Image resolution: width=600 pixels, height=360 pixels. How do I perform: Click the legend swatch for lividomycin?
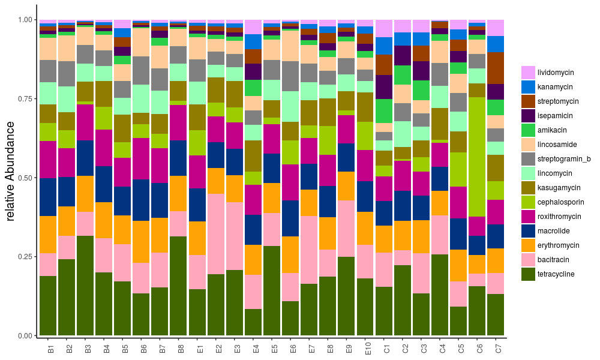coord(528,72)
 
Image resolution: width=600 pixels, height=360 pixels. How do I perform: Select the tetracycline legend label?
coord(556,274)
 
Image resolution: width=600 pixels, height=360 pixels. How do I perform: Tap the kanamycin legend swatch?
coord(528,86)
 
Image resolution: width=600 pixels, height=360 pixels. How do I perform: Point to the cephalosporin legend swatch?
coord(528,202)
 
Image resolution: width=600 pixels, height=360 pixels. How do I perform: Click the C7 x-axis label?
coord(497,348)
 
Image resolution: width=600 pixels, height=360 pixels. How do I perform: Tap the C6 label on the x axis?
coord(479,348)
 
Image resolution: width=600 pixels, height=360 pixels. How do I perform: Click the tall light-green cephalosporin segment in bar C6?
coord(477,156)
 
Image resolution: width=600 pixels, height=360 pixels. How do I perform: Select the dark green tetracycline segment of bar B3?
coord(85,285)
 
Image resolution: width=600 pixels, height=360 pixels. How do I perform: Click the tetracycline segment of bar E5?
coord(272,290)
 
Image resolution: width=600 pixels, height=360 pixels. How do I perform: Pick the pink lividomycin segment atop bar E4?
coord(253,26)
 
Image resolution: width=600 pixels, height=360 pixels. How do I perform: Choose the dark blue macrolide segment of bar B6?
coord(141,200)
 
